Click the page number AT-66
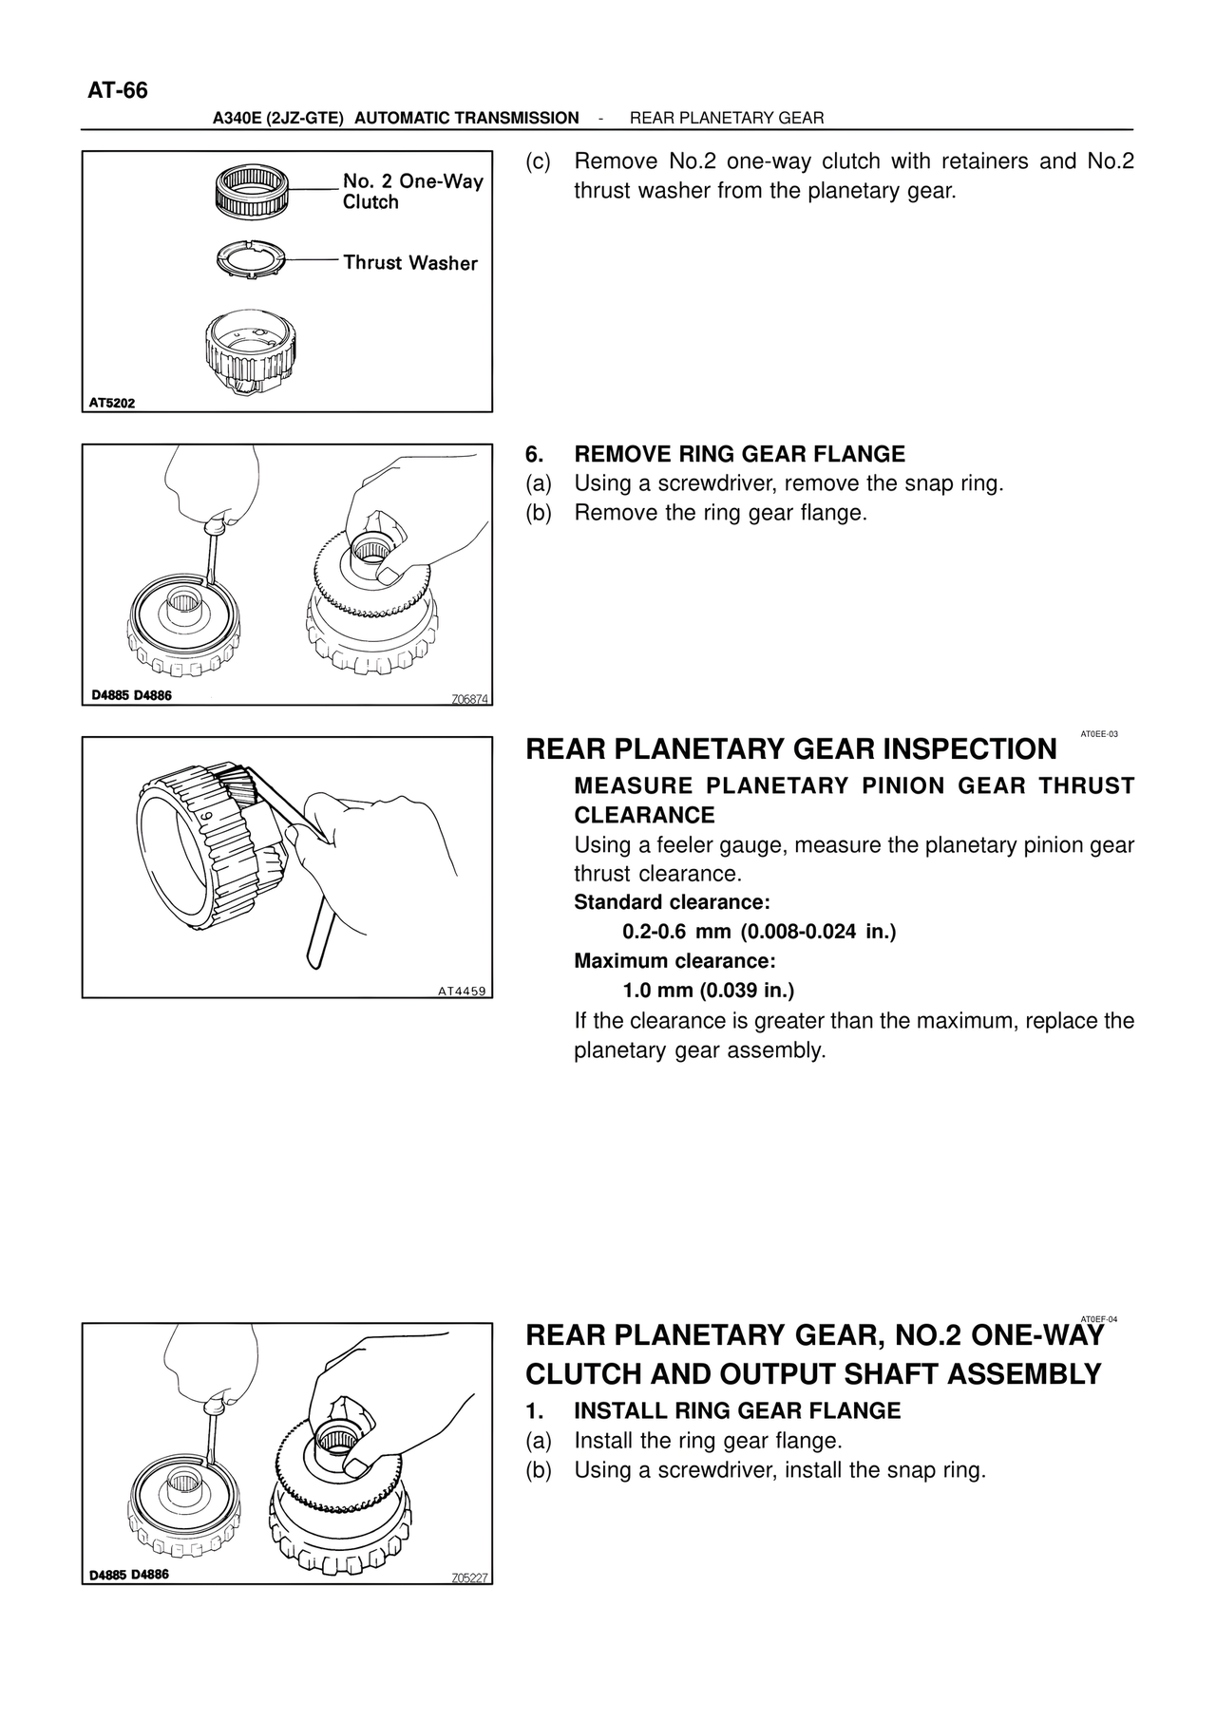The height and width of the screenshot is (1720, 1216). coord(118,91)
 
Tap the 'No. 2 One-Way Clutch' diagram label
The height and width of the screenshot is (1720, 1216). coord(412,191)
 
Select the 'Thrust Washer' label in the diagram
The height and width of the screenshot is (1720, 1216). coord(409,262)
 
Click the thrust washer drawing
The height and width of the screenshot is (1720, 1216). coord(248,258)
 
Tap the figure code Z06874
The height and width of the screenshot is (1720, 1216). coord(469,699)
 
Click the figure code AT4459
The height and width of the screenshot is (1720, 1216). coord(462,992)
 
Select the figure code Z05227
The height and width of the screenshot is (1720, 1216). coord(469,1578)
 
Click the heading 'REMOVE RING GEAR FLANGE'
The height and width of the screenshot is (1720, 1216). coord(739,454)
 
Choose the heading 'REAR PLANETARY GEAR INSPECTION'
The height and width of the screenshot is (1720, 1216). coord(790,749)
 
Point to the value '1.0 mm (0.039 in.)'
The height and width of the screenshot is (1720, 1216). coord(708,991)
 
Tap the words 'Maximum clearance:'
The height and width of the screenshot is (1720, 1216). coord(674,960)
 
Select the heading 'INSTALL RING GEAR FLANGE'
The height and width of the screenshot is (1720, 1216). coord(737,1410)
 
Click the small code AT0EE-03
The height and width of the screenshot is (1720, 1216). coord(1099,734)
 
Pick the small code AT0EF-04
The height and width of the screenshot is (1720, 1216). coord(1099,1319)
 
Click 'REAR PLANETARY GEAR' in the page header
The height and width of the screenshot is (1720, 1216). coord(727,118)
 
